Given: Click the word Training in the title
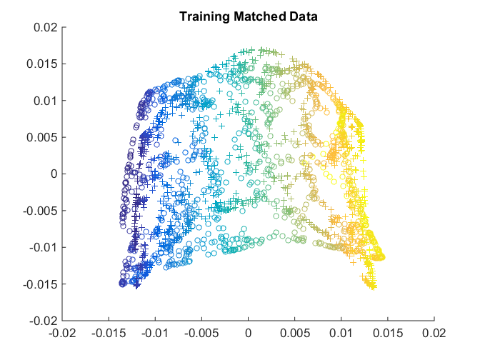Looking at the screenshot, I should (201, 15).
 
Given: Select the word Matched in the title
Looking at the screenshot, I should (251, 15).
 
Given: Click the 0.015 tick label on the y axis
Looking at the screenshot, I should (43, 64).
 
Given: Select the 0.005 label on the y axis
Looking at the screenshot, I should (43, 137).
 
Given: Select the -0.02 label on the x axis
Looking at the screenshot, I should (61, 333).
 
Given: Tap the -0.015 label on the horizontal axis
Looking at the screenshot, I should (108, 333).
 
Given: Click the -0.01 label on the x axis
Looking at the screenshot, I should (154, 333).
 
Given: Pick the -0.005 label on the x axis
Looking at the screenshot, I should (201, 333).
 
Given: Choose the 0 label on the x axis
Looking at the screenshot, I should (249, 333).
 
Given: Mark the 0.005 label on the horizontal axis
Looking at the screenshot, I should (295, 333).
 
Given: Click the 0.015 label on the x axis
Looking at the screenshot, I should (388, 333).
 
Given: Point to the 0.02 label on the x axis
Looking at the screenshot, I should (434, 333).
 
